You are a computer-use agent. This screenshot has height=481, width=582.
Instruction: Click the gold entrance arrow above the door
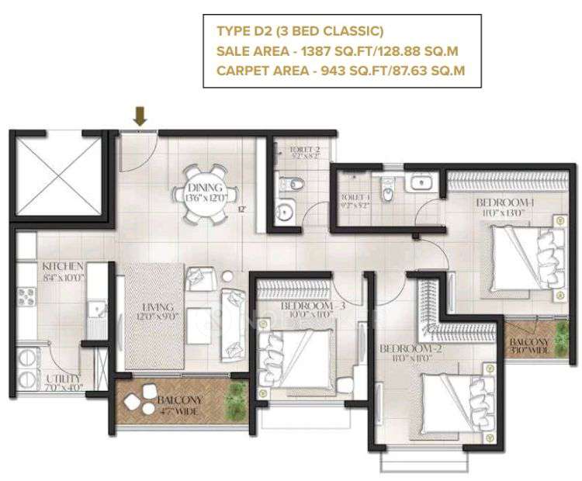pos(140,116)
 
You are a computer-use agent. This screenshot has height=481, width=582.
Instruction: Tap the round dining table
pos(206,189)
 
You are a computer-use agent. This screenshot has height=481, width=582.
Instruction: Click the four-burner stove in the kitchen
pos(26,297)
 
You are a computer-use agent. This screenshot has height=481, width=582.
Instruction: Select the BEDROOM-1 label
pos(505,202)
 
